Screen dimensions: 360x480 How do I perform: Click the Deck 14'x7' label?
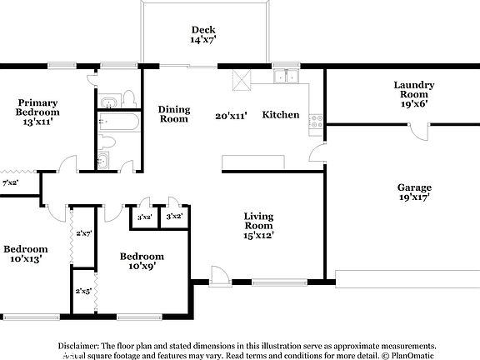[203, 33]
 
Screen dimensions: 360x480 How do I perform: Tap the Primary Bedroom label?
[38, 112]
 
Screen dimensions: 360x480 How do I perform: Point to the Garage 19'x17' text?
[414, 192]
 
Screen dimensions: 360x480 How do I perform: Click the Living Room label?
[258, 226]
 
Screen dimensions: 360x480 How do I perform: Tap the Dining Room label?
[174, 114]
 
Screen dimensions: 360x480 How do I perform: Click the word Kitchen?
[281, 115]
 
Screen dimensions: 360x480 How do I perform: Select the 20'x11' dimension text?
[232, 117]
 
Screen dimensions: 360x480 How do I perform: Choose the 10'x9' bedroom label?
[141, 261]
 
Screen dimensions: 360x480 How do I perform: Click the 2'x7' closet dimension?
[83, 233]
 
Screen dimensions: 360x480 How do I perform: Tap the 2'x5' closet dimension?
[83, 292]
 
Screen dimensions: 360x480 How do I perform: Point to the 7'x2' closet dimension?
[11, 182]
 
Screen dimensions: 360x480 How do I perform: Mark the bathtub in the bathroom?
[117, 126]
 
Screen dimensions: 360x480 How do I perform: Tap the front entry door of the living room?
[219, 277]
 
